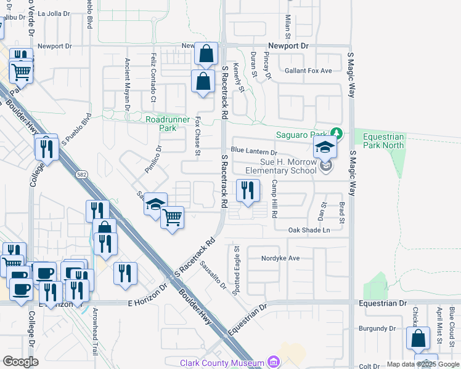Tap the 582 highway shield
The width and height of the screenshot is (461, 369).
click(x=82, y=175)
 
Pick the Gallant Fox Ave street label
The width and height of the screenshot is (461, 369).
click(x=308, y=71)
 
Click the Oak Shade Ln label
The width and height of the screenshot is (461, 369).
click(x=309, y=230)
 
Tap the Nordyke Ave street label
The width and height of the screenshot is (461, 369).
click(x=280, y=258)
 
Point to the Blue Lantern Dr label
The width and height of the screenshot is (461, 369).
click(x=254, y=151)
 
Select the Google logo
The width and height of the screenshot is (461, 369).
click(x=21, y=361)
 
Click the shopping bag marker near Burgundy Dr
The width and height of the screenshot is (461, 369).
click(x=418, y=338)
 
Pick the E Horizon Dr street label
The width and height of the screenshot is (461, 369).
click(x=148, y=303)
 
